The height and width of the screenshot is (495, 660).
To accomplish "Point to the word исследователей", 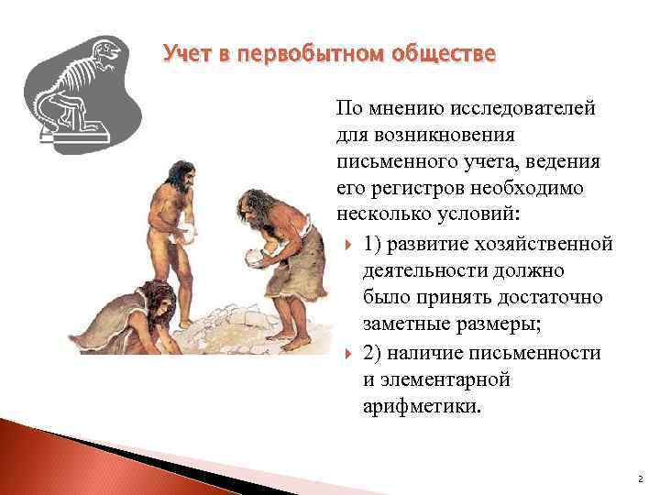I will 520,109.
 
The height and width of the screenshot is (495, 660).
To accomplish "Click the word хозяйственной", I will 552,244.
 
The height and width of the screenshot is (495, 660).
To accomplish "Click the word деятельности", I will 424,271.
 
